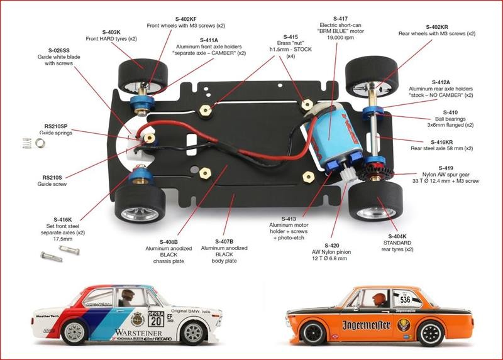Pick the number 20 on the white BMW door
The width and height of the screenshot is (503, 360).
tap(155, 321)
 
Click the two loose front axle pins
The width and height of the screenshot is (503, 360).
tap(58, 253)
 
